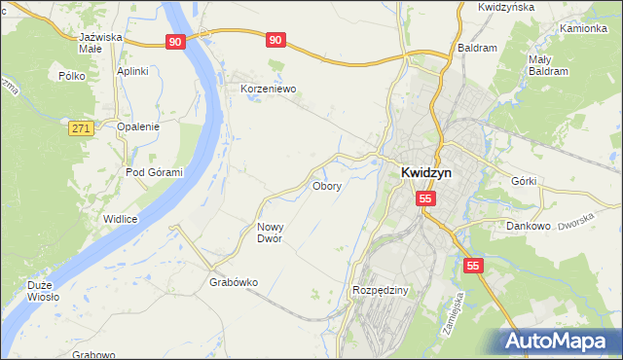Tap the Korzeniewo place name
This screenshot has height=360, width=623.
[x=268, y=88]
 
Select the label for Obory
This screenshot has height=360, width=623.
[x=326, y=186]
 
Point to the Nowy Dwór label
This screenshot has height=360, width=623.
[x=270, y=233]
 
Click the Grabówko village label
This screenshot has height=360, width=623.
[x=234, y=283]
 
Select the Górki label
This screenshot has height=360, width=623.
[x=524, y=181]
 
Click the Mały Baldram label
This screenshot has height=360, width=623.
[x=547, y=65]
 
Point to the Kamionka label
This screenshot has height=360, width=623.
[x=584, y=28]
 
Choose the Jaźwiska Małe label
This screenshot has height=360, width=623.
[x=100, y=43]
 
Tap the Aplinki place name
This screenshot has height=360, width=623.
[x=132, y=71]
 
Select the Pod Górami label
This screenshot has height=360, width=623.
[x=154, y=172]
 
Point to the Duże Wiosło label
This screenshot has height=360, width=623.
[x=44, y=291]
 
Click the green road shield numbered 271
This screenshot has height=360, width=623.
[x=81, y=127]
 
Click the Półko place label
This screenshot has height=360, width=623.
[x=73, y=75]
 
